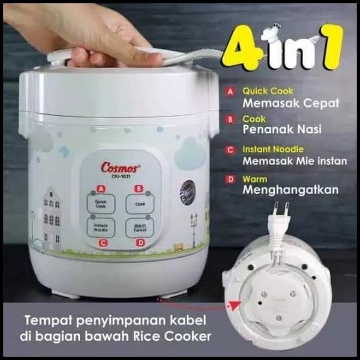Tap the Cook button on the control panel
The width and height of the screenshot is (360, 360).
[136, 204]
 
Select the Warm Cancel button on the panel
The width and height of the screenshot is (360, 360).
[137, 226]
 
